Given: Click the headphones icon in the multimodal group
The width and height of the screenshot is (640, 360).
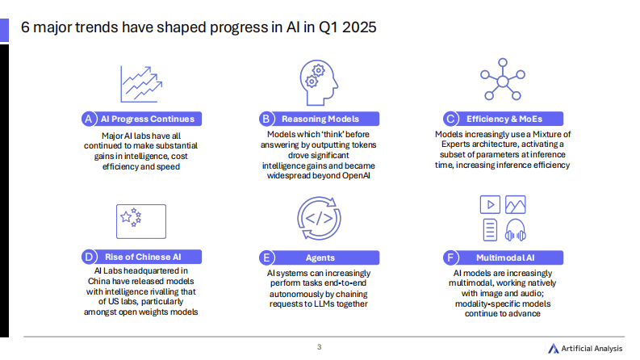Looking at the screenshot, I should point(515,231).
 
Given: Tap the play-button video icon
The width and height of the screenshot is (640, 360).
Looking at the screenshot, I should point(489,205).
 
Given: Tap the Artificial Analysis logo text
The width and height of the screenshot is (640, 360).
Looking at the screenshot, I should point(592,348).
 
